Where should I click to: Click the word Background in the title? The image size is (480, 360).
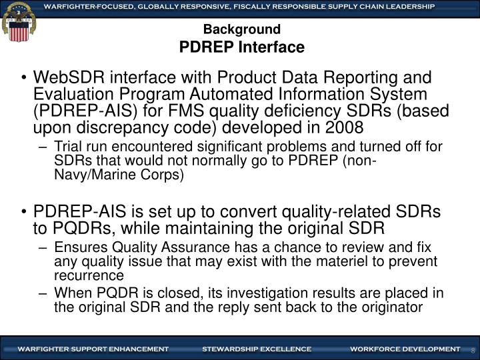(242, 29)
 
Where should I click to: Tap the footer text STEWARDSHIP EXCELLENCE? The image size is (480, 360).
(257, 349)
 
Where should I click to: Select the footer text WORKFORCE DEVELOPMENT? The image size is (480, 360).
(405, 349)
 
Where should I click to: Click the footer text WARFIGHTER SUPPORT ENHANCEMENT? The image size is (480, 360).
(93, 349)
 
